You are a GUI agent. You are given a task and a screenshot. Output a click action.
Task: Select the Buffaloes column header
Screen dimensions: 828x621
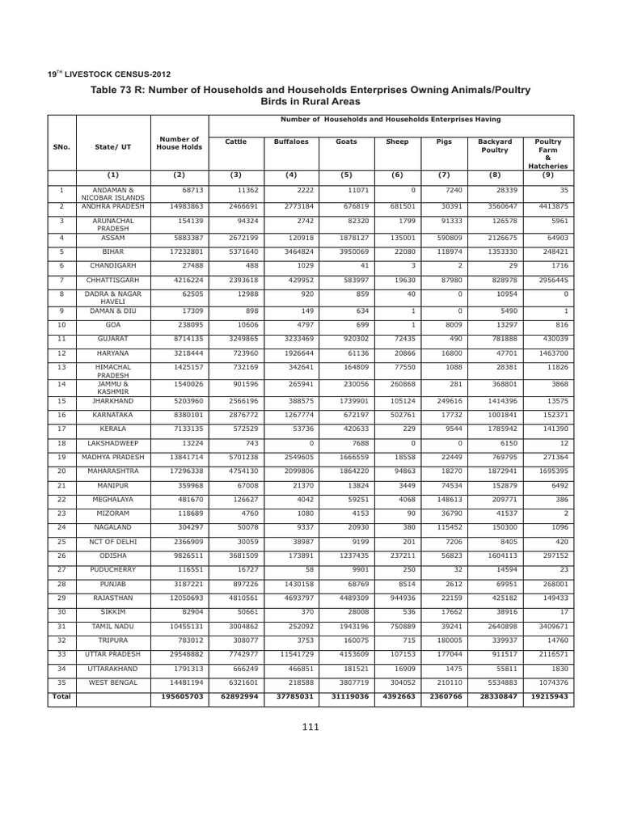pos(286,142)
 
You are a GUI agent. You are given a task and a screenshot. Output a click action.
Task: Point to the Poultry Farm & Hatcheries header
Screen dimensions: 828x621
pos(548,154)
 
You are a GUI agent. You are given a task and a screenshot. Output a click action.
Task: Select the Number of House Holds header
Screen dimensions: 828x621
pos(179,143)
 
